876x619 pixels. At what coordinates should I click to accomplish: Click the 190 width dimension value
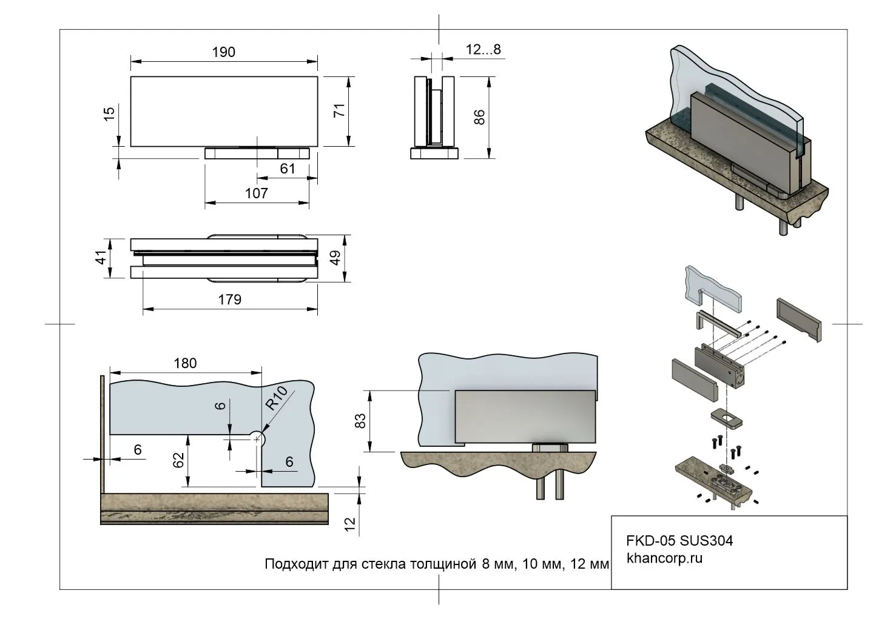223,52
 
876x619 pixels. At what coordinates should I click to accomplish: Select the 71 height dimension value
339,110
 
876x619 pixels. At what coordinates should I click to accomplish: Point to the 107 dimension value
257,193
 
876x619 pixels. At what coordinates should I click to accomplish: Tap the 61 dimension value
287,168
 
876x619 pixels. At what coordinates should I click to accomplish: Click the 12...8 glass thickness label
483,50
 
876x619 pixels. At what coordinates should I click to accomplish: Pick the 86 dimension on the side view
479,117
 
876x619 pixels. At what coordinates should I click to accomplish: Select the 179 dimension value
229,299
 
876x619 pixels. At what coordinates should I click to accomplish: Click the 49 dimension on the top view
335,258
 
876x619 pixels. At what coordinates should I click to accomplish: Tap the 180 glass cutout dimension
185,363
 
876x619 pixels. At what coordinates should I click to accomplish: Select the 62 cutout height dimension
178,461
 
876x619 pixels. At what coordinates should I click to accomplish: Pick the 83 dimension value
360,421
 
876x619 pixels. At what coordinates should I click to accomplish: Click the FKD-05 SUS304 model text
679,541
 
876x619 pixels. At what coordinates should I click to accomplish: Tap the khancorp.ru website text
664,558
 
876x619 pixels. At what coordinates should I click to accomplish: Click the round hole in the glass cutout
257,437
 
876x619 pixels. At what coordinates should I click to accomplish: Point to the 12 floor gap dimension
349,524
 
